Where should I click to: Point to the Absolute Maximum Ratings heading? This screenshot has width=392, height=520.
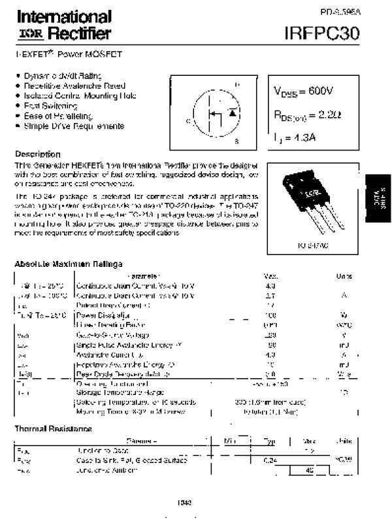point(68,264)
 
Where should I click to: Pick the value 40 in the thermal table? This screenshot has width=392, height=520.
point(310,470)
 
